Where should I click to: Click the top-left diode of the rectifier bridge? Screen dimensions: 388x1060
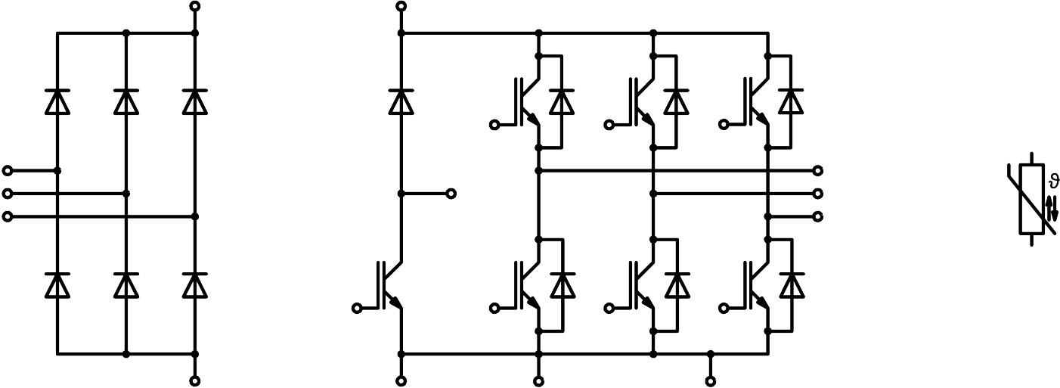pos(57,101)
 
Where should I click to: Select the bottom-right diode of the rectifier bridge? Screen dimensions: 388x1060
pos(195,285)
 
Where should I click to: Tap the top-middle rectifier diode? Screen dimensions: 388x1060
pos(126,101)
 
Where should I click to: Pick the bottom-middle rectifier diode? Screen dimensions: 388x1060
pos(126,285)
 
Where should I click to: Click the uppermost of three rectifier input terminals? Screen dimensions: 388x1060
pos(8,171)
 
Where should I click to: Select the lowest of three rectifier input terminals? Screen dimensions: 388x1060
pos(8,217)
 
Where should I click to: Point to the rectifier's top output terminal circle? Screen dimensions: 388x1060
pos(195,6)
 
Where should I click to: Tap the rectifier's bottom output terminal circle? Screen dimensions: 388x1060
pos(195,381)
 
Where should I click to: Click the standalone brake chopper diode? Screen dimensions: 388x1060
pos(401,101)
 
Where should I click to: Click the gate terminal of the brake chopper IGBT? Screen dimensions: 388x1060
pos(357,308)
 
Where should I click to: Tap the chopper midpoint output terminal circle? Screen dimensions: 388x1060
pos(451,194)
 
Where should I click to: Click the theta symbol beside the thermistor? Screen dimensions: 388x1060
pos(1055,182)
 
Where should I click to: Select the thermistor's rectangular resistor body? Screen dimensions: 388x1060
pos(1032,198)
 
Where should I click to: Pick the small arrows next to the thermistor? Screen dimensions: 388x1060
pos(1052,207)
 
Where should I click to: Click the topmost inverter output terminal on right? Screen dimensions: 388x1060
pos(818,171)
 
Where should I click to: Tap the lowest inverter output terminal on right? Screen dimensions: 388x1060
pos(818,217)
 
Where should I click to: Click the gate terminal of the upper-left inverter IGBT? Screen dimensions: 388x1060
pos(494,125)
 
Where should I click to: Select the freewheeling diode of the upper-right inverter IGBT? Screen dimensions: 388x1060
pos(792,101)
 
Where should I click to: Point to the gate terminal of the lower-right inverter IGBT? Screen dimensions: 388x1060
pos(724,308)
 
